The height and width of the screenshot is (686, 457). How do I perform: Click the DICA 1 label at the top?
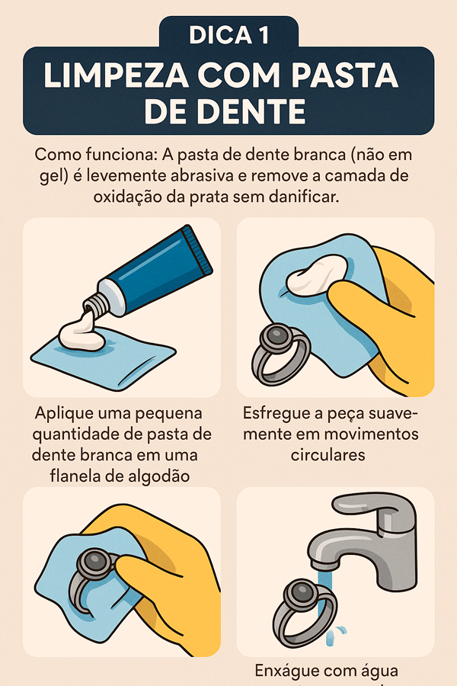click(228, 35)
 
